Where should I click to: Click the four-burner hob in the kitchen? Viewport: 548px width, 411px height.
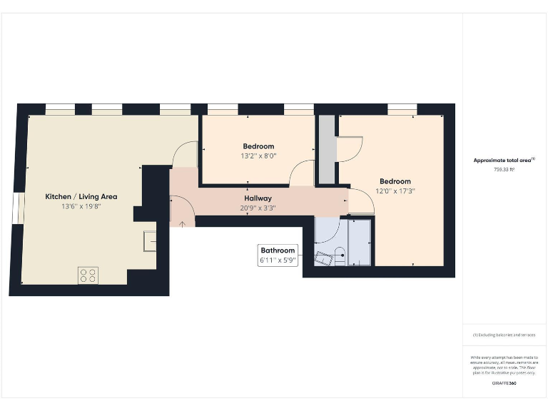[x=88, y=275]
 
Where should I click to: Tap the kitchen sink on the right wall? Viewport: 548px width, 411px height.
[x=150, y=241]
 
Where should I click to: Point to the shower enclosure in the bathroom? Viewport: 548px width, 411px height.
[x=359, y=243]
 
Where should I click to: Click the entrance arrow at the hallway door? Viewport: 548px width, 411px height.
[x=181, y=223]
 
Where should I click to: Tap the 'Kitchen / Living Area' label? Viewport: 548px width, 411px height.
[x=81, y=196]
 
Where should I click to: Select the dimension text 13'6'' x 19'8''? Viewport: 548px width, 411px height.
[x=81, y=207]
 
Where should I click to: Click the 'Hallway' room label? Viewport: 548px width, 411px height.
[x=258, y=198]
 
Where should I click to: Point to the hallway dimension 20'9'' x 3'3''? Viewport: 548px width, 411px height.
[x=258, y=208]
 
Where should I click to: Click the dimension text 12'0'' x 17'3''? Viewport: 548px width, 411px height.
[x=395, y=191]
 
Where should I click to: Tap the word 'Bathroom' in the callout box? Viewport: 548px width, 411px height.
[x=278, y=250]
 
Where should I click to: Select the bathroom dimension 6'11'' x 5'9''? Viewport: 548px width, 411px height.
[x=278, y=261]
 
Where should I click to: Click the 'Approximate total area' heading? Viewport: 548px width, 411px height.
[x=504, y=161]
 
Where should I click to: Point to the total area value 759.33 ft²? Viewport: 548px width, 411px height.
[x=504, y=170]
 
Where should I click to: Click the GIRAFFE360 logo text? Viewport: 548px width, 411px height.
[x=504, y=384]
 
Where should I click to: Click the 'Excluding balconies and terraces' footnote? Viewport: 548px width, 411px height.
[x=504, y=334]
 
